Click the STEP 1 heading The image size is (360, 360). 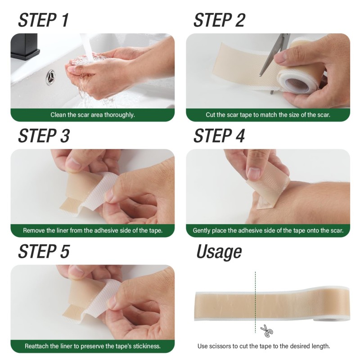43,20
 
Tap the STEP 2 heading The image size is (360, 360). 219,20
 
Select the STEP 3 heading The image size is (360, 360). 44,136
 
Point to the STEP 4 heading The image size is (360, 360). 219,136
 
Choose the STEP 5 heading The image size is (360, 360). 44,252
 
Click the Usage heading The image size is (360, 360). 219,252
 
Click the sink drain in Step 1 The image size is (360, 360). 50,77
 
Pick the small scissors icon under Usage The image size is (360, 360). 266,332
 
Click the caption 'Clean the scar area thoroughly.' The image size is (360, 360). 92,115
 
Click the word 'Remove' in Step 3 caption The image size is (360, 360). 34,230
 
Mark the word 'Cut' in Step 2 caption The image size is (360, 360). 211,115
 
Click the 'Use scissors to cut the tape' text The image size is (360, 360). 263,346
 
